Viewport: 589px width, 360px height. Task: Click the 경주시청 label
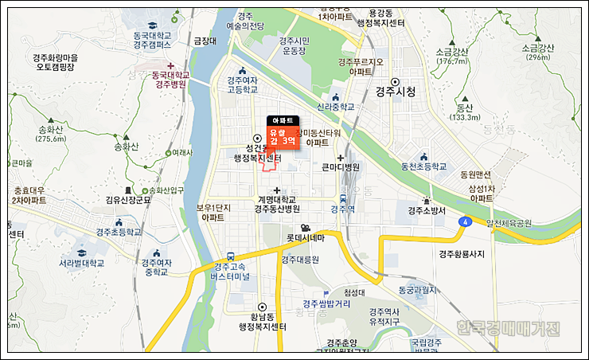click(x=396, y=91)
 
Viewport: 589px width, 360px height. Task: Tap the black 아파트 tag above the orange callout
click(x=283, y=120)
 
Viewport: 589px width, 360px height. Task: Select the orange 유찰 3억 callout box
click(x=283, y=136)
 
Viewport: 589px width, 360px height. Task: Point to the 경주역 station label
click(x=341, y=209)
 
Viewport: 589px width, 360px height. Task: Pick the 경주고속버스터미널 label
click(x=230, y=272)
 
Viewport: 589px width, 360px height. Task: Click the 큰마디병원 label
click(x=341, y=167)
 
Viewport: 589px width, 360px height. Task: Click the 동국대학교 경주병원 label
click(x=170, y=79)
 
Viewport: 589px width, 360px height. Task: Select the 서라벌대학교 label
click(x=81, y=262)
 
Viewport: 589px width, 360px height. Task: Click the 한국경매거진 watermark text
click(x=509, y=328)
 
